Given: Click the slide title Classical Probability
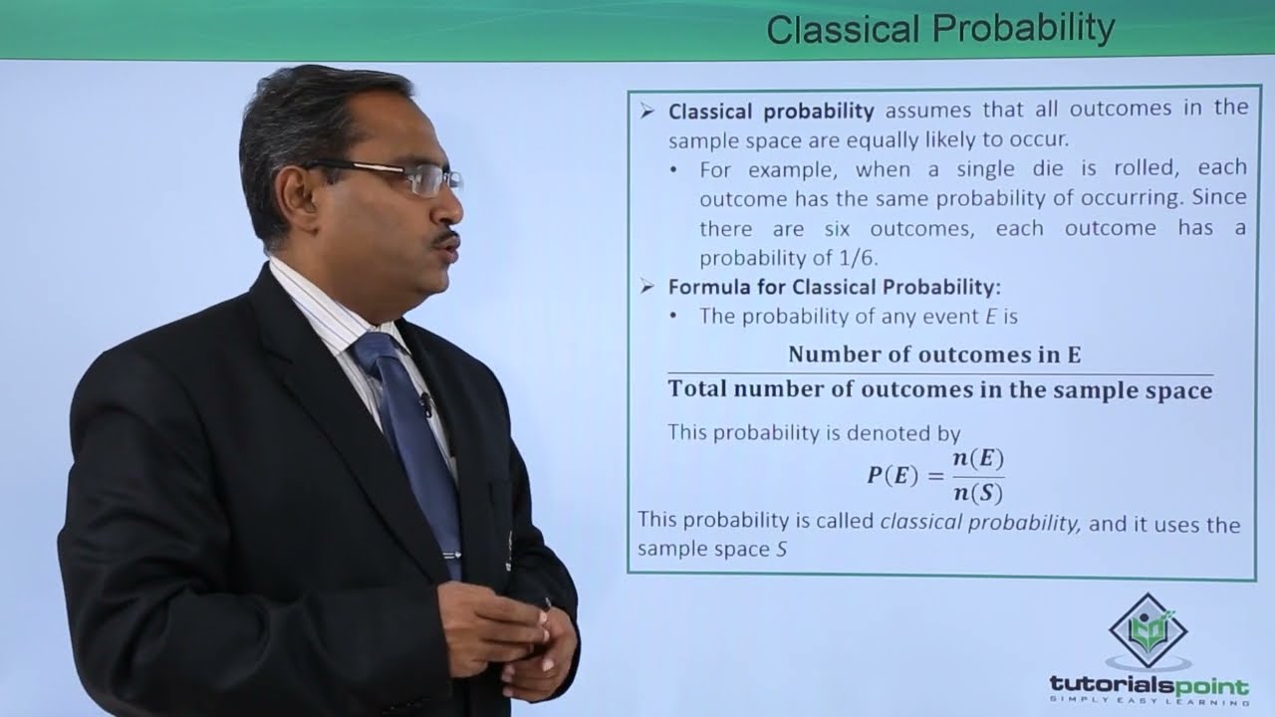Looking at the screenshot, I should point(939,29).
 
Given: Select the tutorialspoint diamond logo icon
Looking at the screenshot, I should point(1147,631).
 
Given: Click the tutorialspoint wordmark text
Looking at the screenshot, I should point(1148,685).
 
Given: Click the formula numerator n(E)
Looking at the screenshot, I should point(977,459).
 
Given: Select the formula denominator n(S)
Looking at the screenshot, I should point(977,491).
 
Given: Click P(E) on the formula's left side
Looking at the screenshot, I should point(892,475).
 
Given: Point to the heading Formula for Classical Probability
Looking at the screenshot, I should point(834,288).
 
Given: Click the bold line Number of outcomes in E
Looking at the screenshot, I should point(934,355).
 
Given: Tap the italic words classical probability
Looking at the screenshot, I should point(980,523).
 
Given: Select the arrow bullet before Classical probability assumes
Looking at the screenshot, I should point(647,112).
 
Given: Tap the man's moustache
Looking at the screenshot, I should point(446,238).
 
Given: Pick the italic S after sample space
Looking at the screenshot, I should point(781,549).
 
